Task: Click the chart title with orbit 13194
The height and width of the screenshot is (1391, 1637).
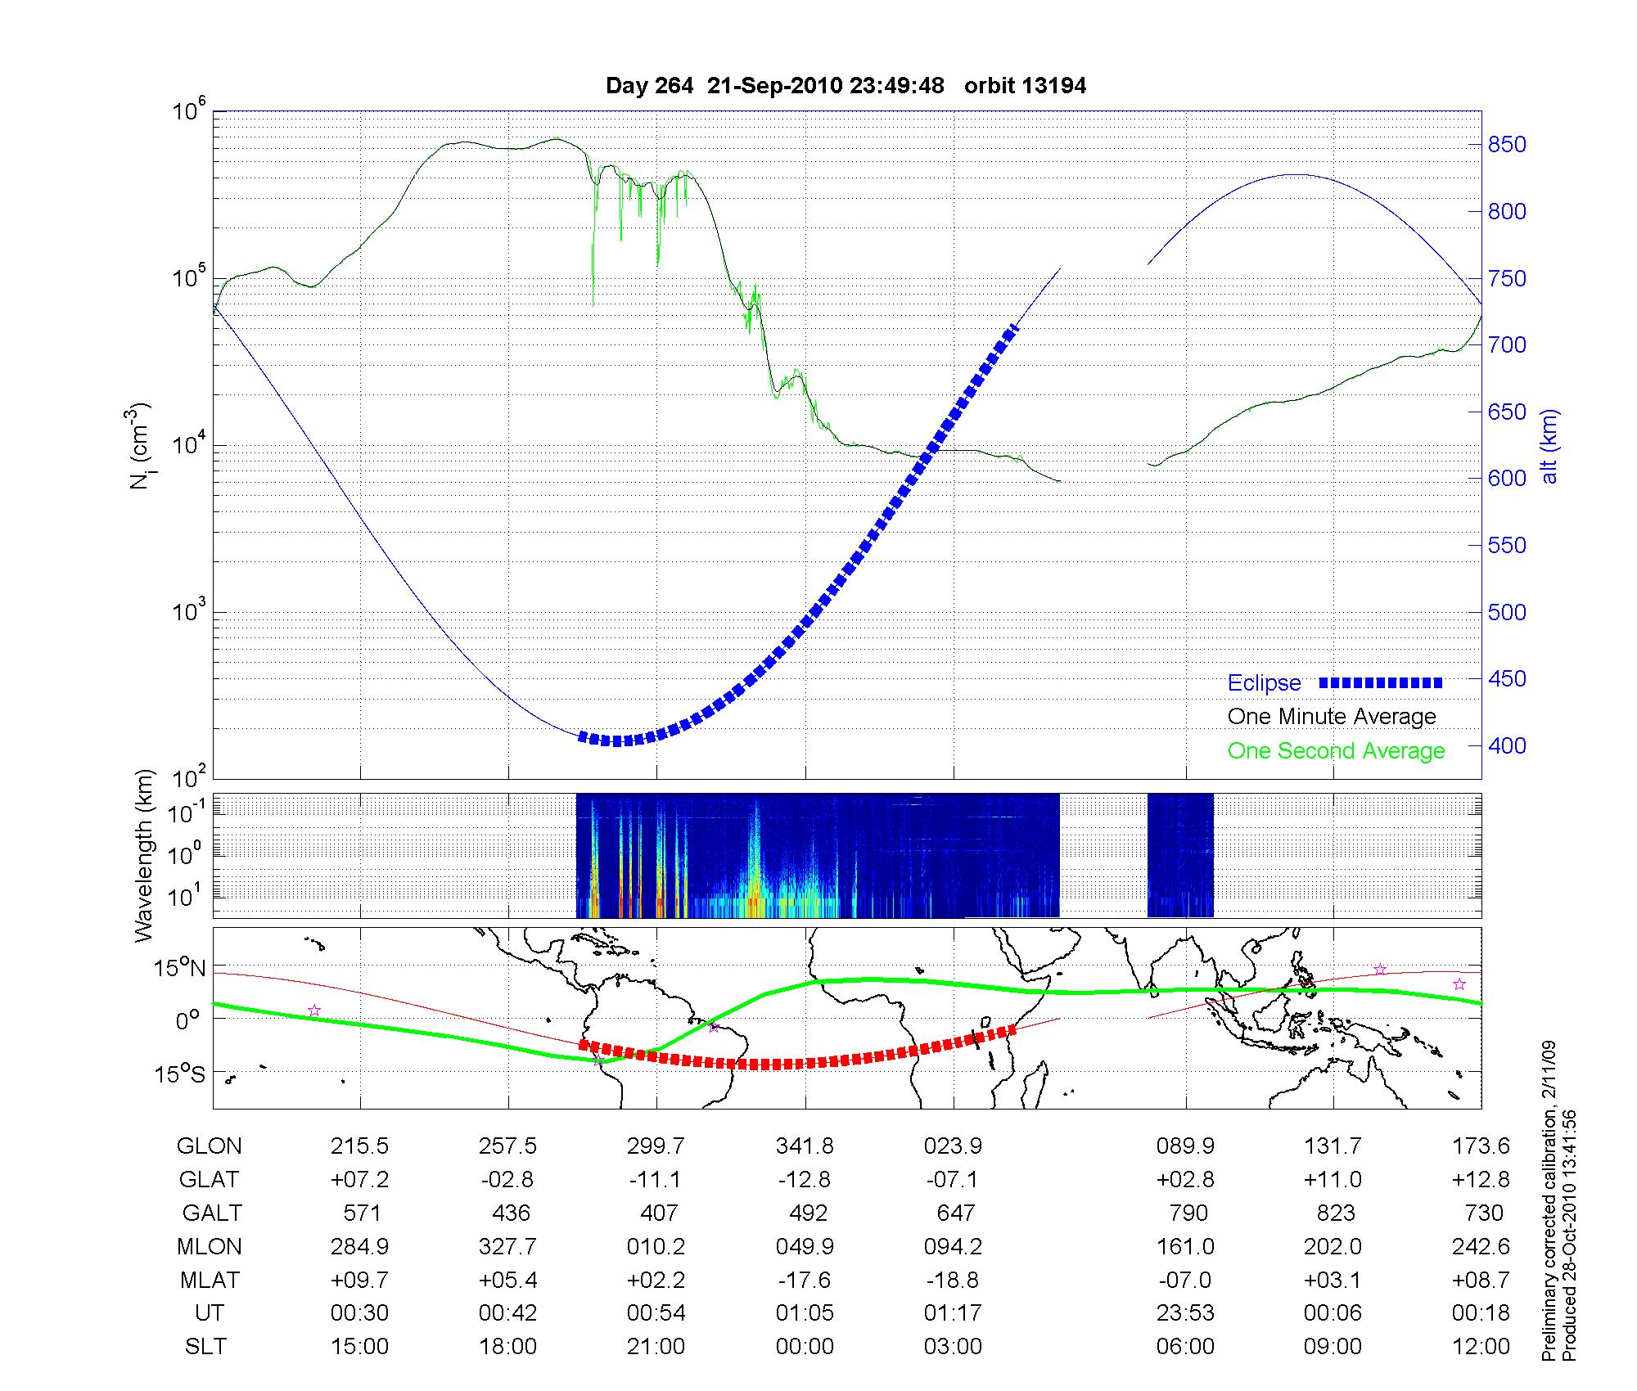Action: (x=846, y=86)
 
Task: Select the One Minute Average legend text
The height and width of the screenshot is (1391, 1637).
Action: (x=1332, y=717)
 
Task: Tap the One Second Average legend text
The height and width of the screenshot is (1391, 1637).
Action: (x=1336, y=751)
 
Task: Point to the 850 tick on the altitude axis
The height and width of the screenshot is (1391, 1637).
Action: (x=1506, y=145)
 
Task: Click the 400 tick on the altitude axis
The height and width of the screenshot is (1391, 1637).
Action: (x=1506, y=745)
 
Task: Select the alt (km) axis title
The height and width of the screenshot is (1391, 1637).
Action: (x=1550, y=446)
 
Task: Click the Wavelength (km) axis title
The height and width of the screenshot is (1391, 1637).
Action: (x=145, y=856)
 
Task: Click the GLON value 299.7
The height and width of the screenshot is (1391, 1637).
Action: (x=656, y=1146)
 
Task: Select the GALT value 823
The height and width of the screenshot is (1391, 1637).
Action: (x=1336, y=1213)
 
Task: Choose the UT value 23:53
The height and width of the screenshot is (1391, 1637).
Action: (x=1185, y=1312)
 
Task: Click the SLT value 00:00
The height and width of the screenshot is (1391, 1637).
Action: (x=805, y=1346)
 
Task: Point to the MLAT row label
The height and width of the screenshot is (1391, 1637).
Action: (x=210, y=1280)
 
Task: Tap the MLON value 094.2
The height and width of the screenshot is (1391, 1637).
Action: (x=953, y=1246)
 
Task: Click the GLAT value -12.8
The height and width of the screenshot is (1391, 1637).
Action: (x=805, y=1180)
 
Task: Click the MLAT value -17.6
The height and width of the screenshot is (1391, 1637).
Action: (x=805, y=1280)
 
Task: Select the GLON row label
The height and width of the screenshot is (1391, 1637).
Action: (x=210, y=1146)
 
